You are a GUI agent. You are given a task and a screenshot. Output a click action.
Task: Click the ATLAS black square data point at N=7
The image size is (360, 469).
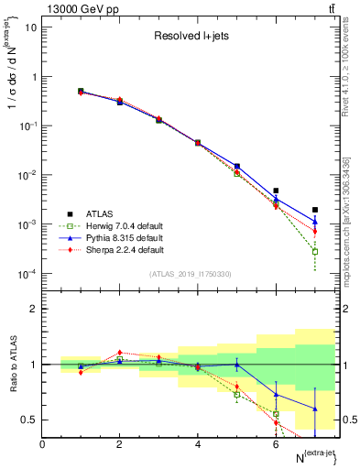point(315,210)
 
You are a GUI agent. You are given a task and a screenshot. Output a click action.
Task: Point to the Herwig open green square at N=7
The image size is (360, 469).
point(315,251)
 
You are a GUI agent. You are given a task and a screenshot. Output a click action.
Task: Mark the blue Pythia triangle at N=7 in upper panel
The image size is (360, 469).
point(315,221)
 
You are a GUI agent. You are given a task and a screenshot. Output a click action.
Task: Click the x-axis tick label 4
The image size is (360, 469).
point(198,443)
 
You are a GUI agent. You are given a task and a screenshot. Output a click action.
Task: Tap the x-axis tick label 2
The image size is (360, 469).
point(120,443)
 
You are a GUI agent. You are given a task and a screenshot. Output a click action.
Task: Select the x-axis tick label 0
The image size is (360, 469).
point(42,443)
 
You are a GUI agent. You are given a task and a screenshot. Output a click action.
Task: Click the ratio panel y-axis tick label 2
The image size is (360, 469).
point(33,309)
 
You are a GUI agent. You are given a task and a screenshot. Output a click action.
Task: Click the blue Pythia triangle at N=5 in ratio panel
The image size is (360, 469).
point(237,365)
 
